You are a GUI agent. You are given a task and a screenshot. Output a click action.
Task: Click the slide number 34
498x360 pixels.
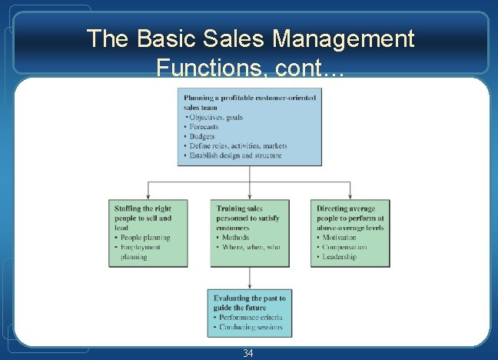pyautogui.click(x=248, y=353)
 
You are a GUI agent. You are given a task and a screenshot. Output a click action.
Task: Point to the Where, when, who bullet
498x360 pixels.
pyautogui.click(x=251, y=248)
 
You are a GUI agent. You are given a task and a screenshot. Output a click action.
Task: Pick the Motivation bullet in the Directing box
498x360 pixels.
pyautogui.click(x=339, y=238)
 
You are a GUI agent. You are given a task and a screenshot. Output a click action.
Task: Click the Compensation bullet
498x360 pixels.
pyautogui.click(x=344, y=248)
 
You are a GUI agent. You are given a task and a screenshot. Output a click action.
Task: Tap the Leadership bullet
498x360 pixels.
pyautogui.click(x=339, y=258)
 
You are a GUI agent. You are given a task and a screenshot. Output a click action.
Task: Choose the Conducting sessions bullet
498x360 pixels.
pyautogui.click(x=250, y=328)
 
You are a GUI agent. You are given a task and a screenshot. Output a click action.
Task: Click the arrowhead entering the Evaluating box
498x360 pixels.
pyautogui.click(x=250, y=285)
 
